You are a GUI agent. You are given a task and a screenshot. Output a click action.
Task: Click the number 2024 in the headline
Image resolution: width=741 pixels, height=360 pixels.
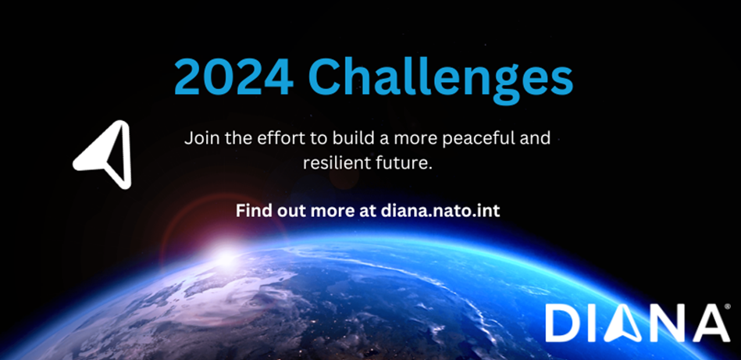tap(234, 77)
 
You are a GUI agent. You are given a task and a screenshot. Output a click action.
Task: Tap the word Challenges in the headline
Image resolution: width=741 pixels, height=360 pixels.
tap(441, 80)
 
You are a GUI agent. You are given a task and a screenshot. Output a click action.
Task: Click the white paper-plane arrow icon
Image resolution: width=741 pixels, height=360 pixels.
tap(102, 155)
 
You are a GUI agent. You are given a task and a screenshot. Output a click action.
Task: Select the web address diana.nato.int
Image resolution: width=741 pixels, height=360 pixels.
tap(440, 210)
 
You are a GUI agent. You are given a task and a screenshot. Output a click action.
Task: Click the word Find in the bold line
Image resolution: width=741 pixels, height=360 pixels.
tap(251, 210)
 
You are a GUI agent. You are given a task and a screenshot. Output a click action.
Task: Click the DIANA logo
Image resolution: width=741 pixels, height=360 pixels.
tap(637, 323)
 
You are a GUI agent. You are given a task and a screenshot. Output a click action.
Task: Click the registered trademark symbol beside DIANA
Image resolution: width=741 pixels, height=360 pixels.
tap(727, 307)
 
